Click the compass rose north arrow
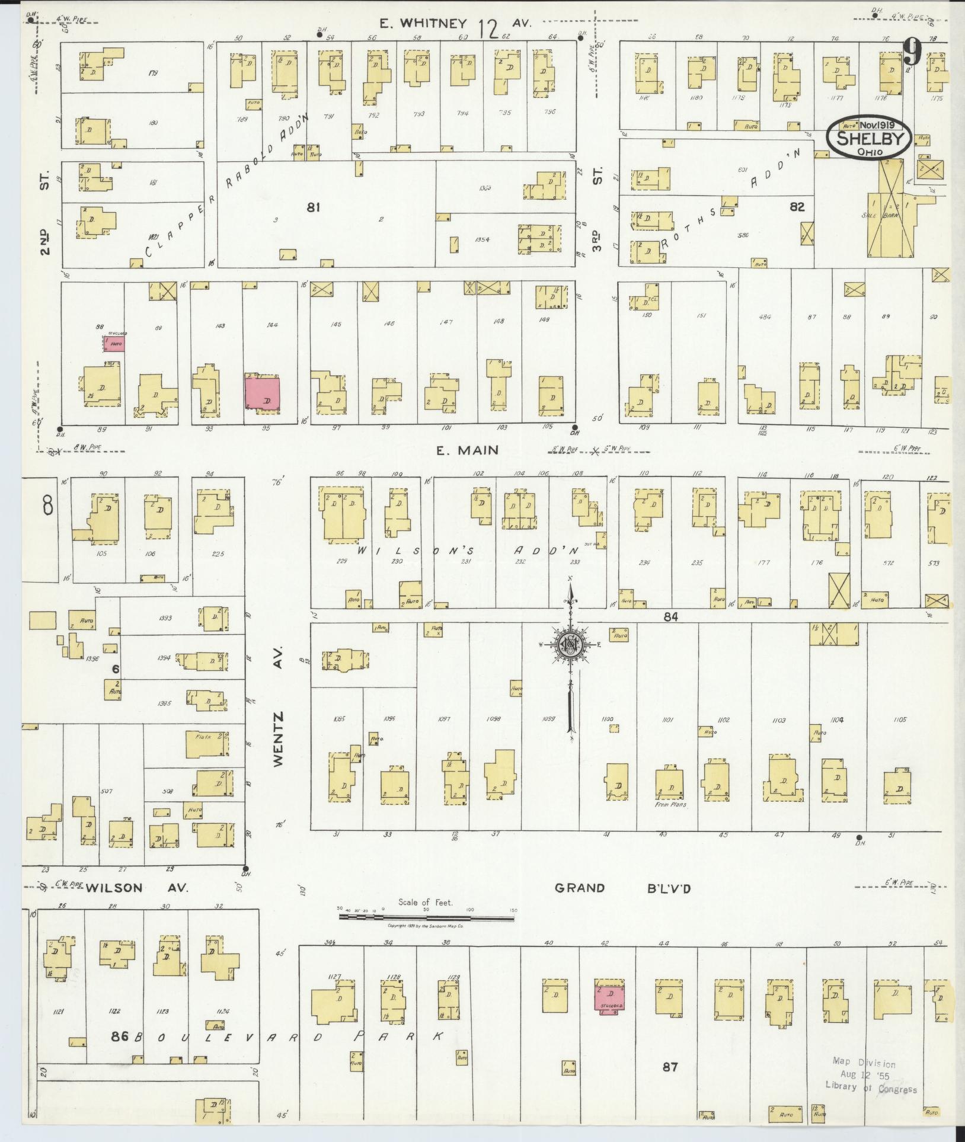[x=570, y=646]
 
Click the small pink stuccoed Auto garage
[x=114, y=343]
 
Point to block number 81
[x=314, y=207]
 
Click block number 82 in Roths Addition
[x=797, y=207]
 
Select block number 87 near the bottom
[x=670, y=1067]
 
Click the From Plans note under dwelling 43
[x=670, y=805]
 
